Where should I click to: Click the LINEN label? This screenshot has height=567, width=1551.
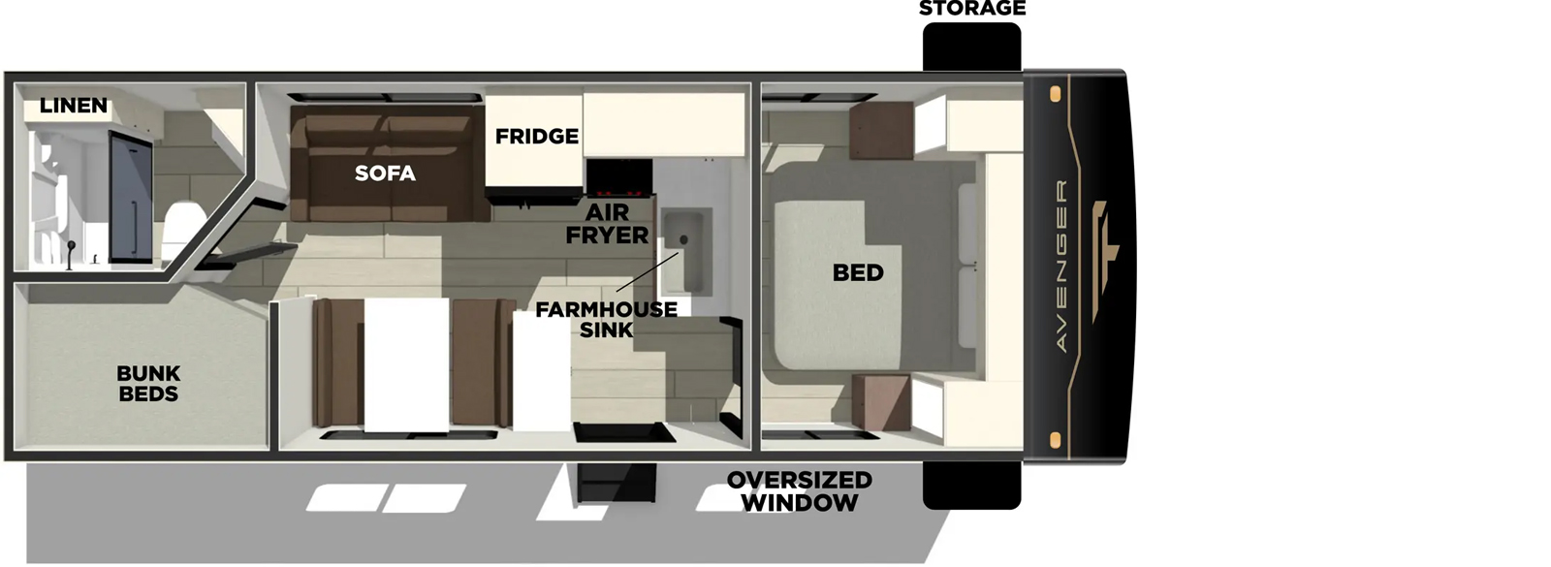click(74, 106)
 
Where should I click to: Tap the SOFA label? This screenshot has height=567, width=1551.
click(385, 173)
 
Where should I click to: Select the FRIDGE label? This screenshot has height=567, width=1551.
click(536, 137)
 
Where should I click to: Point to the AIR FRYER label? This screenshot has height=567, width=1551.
click(607, 224)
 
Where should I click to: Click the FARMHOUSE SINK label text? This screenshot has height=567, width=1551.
click(606, 320)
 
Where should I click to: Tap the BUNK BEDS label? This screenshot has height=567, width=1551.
click(148, 384)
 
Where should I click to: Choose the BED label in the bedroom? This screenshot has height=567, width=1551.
click(858, 273)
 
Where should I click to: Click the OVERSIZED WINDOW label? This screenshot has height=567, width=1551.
click(799, 491)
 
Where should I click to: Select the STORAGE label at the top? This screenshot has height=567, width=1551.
click(971, 9)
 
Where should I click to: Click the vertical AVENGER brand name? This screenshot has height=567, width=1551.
click(1060, 266)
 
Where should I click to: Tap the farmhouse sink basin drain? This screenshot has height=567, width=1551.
click(683, 239)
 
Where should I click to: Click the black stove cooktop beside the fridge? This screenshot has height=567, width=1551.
click(618, 178)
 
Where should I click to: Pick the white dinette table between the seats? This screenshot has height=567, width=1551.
click(406, 364)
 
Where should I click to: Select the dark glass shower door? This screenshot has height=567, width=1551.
click(131, 198)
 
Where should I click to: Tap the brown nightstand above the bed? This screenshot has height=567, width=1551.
click(881, 131)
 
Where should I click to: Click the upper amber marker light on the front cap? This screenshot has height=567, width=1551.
click(1056, 94)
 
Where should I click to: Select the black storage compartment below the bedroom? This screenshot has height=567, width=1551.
click(971, 485)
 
